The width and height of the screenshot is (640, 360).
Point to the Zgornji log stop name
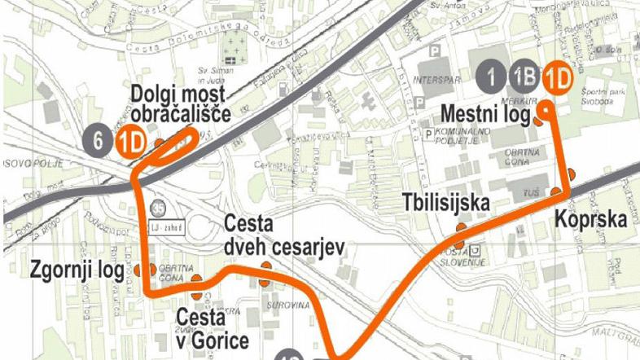coord(76,269)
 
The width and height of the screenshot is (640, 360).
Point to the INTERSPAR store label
coord(431,81)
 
